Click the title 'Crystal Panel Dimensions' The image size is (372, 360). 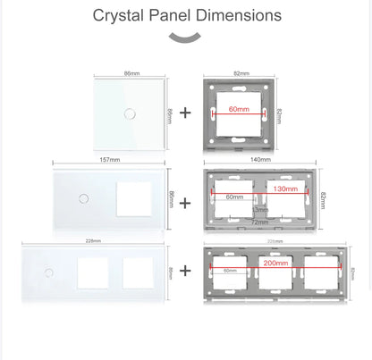coord(186,16)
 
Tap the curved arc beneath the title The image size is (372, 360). coord(186,38)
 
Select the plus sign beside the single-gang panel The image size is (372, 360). coord(186,113)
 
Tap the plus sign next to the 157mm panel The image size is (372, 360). coord(186,203)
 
